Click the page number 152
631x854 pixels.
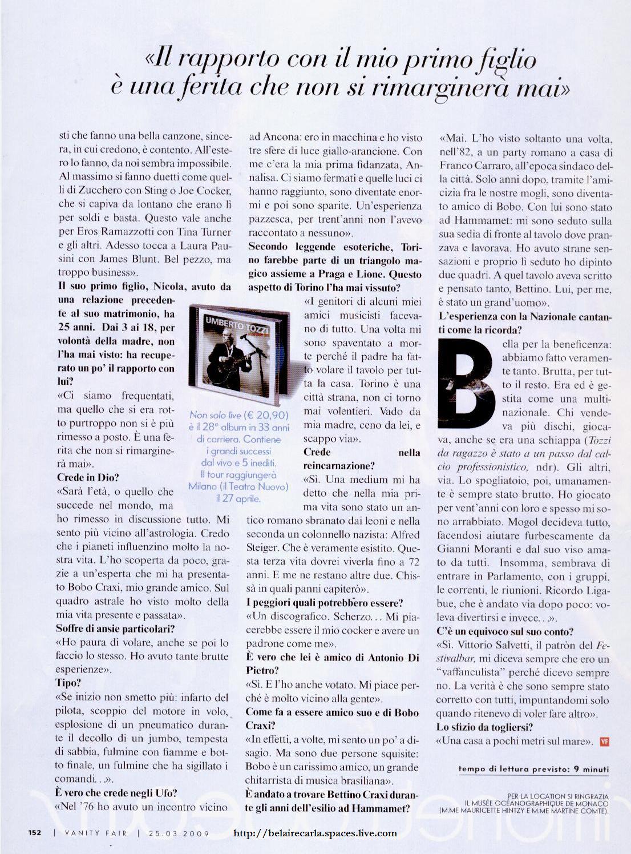click(35, 832)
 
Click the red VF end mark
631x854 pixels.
click(605, 742)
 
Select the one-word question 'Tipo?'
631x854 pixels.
click(68, 683)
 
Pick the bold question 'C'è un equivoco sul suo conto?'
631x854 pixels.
click(505, 631)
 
